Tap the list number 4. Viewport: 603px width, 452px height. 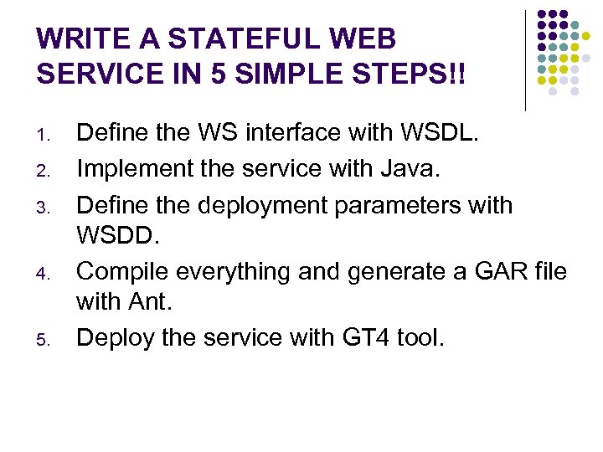click(x=48, y=274)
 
